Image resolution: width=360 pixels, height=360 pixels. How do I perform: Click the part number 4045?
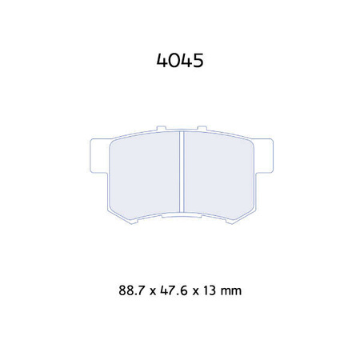[180, 61]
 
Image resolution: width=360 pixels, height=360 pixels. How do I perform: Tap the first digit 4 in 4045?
[161, 61]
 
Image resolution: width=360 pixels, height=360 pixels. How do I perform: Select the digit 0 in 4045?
[174, 61]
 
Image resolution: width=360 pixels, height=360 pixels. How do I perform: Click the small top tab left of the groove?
[161, 127]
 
